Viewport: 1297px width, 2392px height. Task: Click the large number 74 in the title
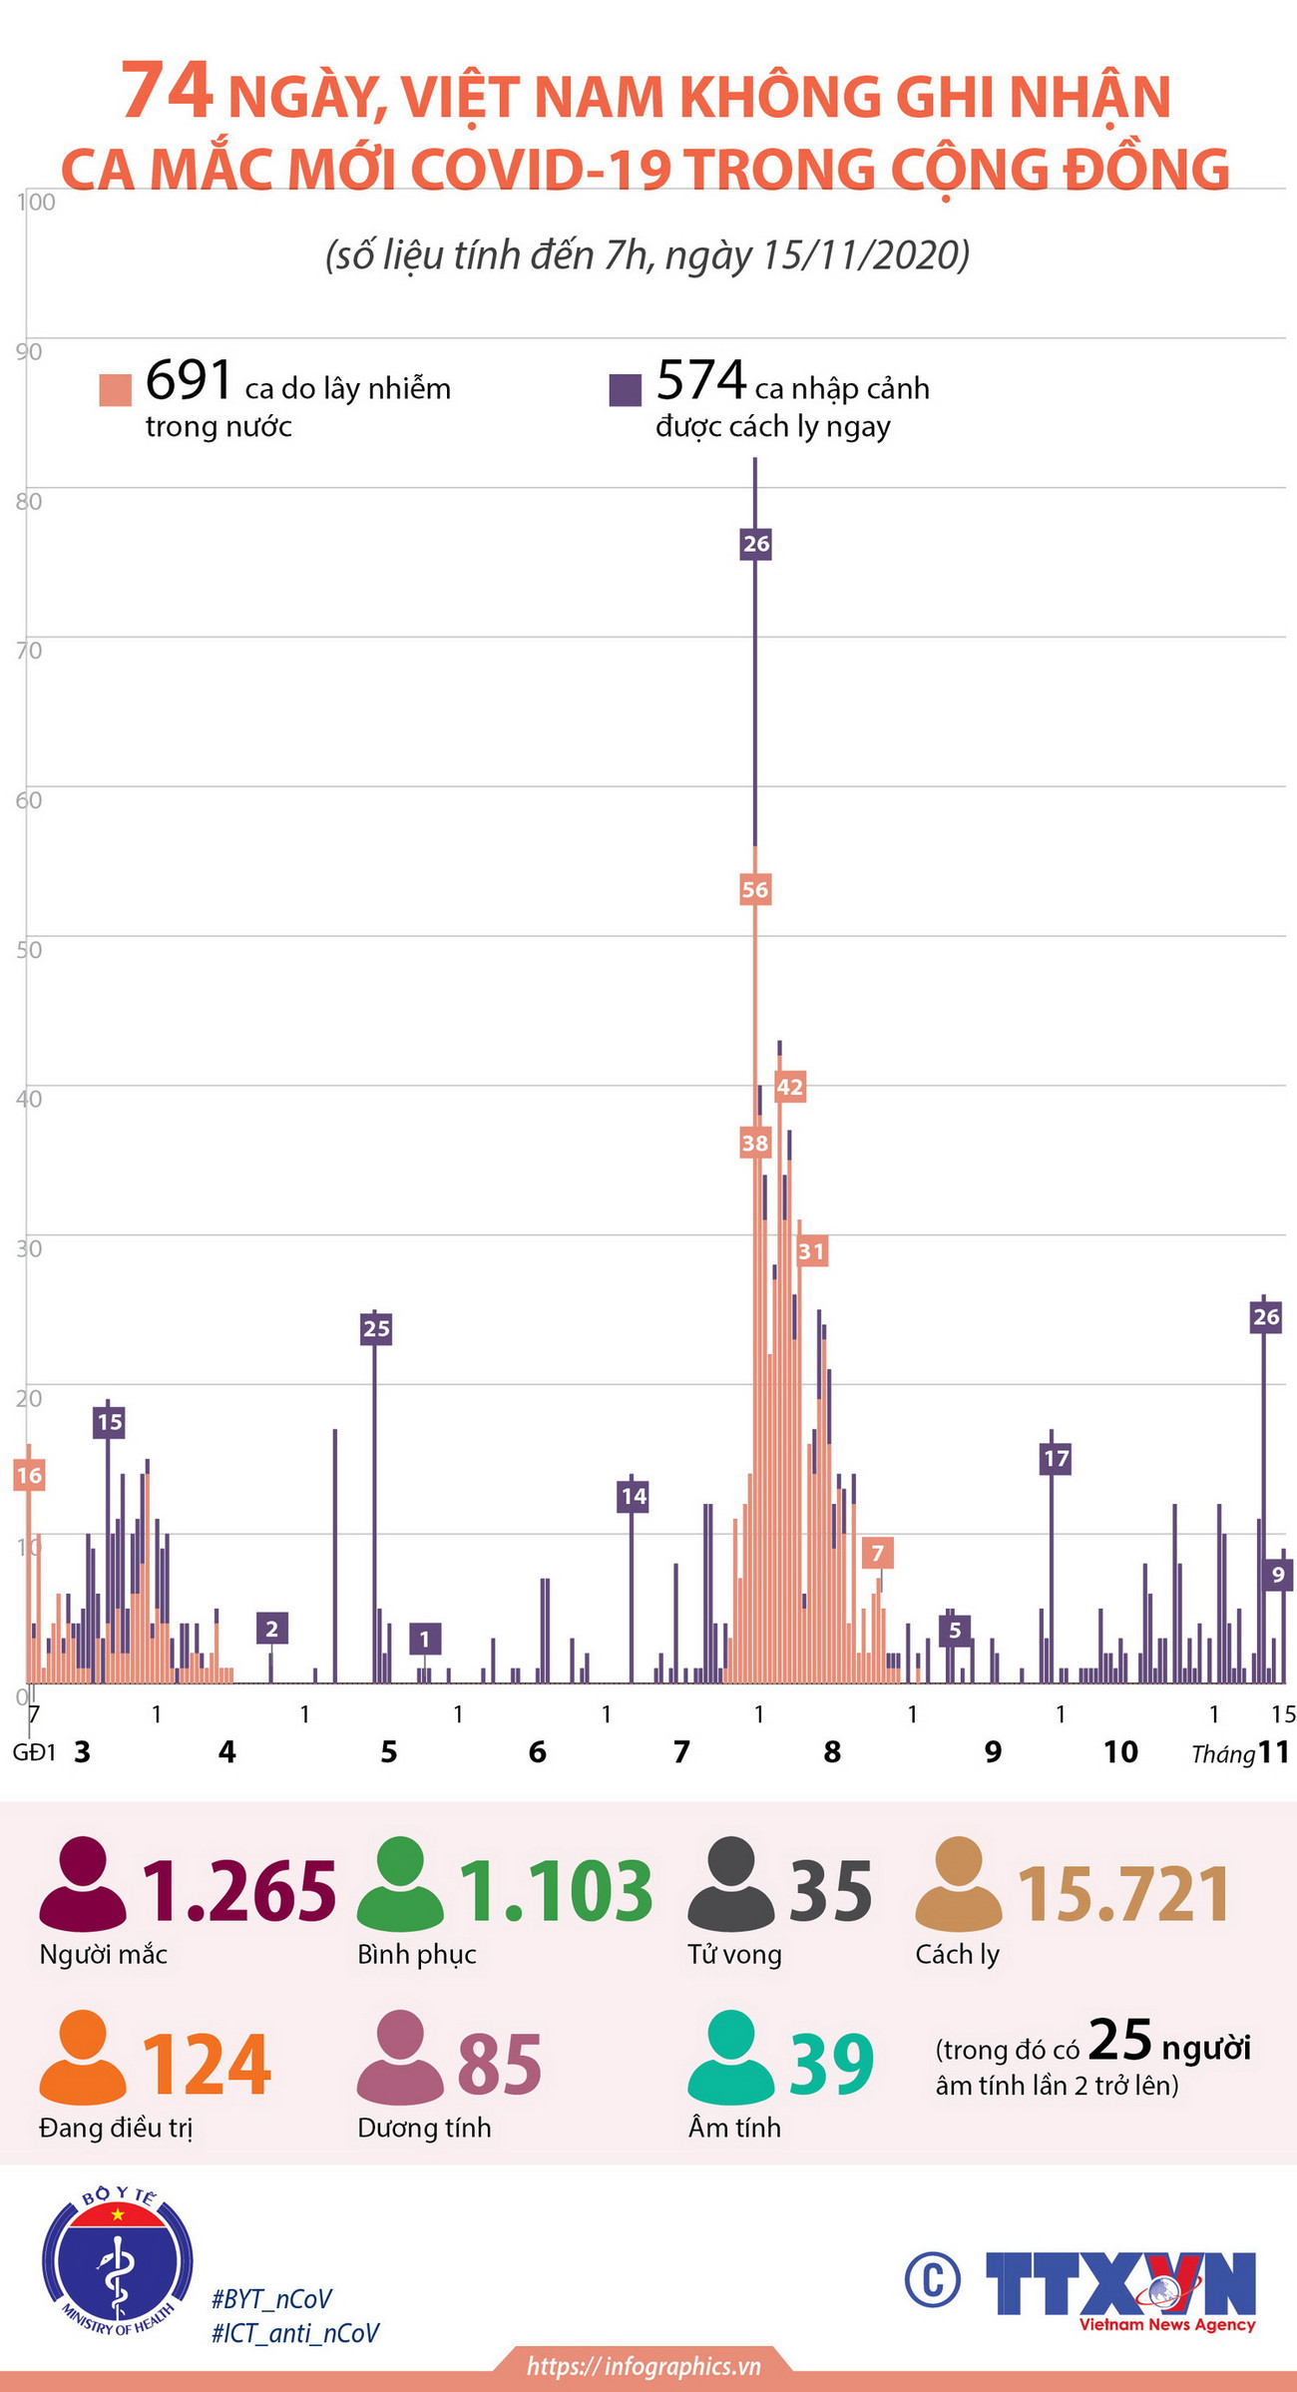[167, 93]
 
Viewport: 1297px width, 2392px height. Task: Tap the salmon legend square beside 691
[115, 390]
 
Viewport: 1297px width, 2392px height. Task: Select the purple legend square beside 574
[625, 389]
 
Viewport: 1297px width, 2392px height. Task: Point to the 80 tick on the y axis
[29, 501]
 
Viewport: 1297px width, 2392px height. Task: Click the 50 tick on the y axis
[29, 949]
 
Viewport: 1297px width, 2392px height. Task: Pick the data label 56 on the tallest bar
[755, 889]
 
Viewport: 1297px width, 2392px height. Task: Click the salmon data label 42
[789, 1087]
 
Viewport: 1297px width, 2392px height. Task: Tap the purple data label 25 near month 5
[376, 1328]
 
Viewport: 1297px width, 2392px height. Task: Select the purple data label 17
[1056, 1459]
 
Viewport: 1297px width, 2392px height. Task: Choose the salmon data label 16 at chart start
[29, 1475]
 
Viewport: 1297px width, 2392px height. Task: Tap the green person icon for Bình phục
[399, 1884]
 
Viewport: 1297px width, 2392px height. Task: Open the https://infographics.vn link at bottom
[645, 2365]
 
